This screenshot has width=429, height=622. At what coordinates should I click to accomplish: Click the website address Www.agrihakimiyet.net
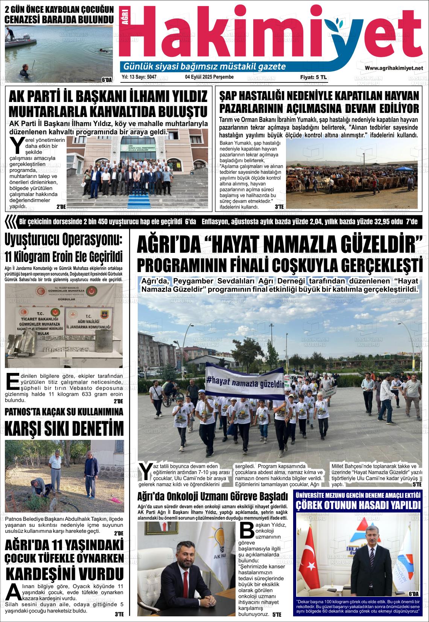[394, 68]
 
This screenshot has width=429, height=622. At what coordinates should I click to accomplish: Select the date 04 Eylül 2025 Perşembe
[209, 77]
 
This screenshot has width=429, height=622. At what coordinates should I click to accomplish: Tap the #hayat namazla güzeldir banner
[245, 380]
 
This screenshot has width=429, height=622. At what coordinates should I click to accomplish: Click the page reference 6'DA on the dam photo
[107, 80]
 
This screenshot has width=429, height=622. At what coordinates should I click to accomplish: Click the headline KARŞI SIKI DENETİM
[64, 428]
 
